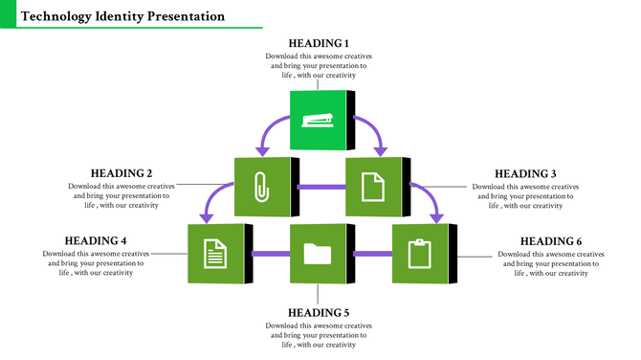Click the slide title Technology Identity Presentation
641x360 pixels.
(x=122, y=16)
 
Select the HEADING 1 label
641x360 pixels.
(x=319, y=43)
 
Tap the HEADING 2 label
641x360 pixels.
(x=122, y=173)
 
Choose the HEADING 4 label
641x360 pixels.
(x=96, y=240)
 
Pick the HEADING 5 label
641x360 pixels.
(x=319, y=313)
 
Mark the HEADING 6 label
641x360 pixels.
(x=551, y=240)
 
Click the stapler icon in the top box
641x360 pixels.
(x=318, y=120)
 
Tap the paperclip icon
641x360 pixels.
(x=261, y=186)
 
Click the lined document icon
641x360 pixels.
(x=216, y=254)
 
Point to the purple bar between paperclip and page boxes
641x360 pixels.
(x=317, y=186)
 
